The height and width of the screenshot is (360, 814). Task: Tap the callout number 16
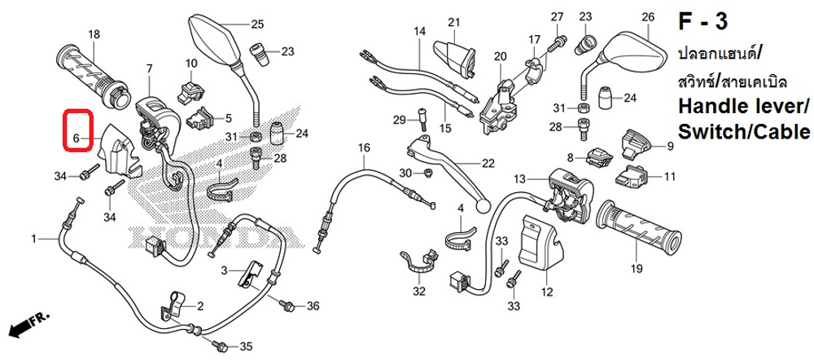coord(363,147)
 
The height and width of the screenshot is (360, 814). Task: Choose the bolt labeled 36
coord(286,305)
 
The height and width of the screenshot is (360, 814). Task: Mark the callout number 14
coord(419,32)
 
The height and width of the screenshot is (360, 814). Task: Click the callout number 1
coord(34,239)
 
